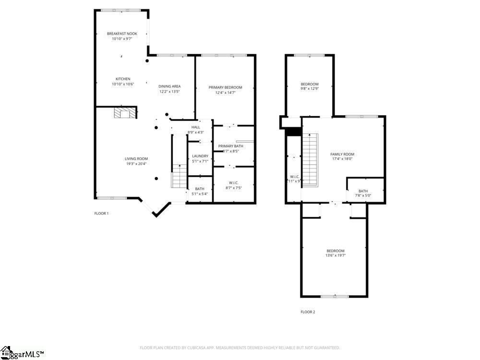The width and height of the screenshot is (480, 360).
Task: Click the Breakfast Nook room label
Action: tap(122, 34)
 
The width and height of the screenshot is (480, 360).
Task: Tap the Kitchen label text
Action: tap(123, 79)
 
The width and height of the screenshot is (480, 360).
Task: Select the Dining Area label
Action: tap(169, 86)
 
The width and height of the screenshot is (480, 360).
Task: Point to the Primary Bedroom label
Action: tap(225, 87)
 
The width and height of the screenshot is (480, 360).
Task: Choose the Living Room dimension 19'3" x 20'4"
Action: tap(136, 164)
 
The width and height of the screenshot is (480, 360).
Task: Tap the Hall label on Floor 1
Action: tap(196, 127)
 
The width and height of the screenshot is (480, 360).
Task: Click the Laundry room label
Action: tap(200, 156)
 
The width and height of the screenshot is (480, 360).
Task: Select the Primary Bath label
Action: tap(231, 146)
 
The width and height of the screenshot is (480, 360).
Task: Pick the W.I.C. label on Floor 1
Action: tap(234, 182)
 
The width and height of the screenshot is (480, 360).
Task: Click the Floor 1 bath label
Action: tap(200, 189)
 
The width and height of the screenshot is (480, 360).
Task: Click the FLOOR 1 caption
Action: tap(101, 213)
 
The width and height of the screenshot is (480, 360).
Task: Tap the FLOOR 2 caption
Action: tap(308, 312)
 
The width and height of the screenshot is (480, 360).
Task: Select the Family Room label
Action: tap(342, 154)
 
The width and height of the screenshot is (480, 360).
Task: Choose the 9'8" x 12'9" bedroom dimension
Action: tap(310, 89)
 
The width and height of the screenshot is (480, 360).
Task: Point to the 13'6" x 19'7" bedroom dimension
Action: tap(336, 256)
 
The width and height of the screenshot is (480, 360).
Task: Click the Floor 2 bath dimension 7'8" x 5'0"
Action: tap(363, 195)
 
